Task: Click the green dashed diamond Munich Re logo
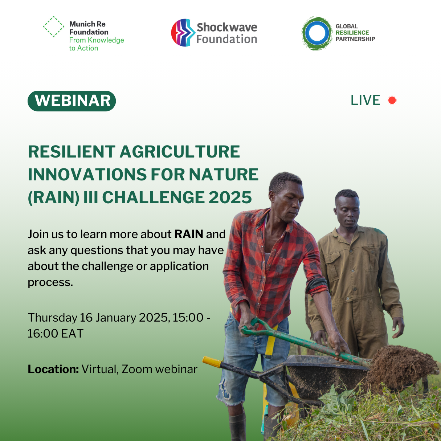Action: point(54,26)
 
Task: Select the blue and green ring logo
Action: point(317,33)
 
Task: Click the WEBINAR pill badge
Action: point(72,101)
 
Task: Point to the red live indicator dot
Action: point(392,100)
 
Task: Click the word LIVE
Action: point(365,100)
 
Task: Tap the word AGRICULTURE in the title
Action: point(180,151)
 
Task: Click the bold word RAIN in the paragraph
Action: point(189,234)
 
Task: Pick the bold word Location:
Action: point(53,369)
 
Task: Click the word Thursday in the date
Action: point(52,318)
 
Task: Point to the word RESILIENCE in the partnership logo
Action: point(352,33)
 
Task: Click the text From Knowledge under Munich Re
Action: point(96,40)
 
